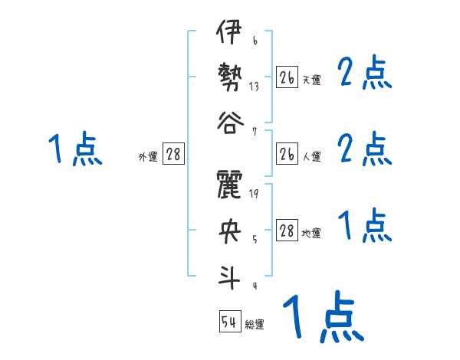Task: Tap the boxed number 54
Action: tap(229, 322)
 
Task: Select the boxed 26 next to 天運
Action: tap(287, 77)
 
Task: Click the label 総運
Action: tap(255, 325)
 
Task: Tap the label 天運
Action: tap(311, 80)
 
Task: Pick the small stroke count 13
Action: tap(255, 87)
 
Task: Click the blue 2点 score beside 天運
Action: tap(365, 74)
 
